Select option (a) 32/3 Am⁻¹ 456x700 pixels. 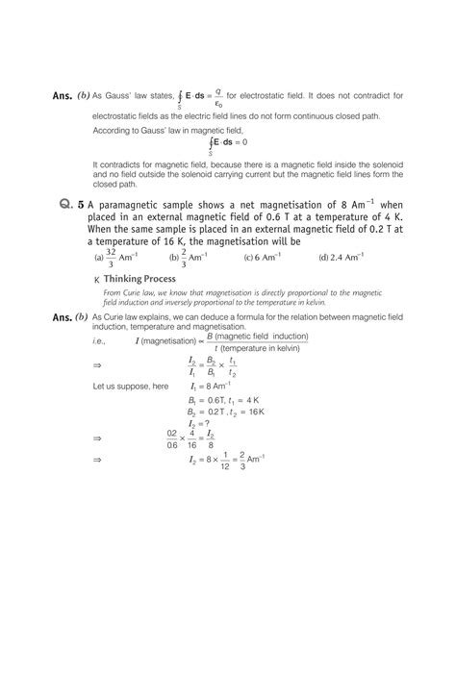pyautogui.click(x=114, y=258)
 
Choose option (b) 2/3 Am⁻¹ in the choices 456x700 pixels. pyautogui.click(x=190, y=258)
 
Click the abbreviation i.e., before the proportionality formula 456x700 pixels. pyautogui.click(x=99, y=340)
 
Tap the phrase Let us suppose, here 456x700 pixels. pyautogui.click(x=130, y=385)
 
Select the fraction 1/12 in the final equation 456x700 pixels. pyautogui.click(x=223, y=460)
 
